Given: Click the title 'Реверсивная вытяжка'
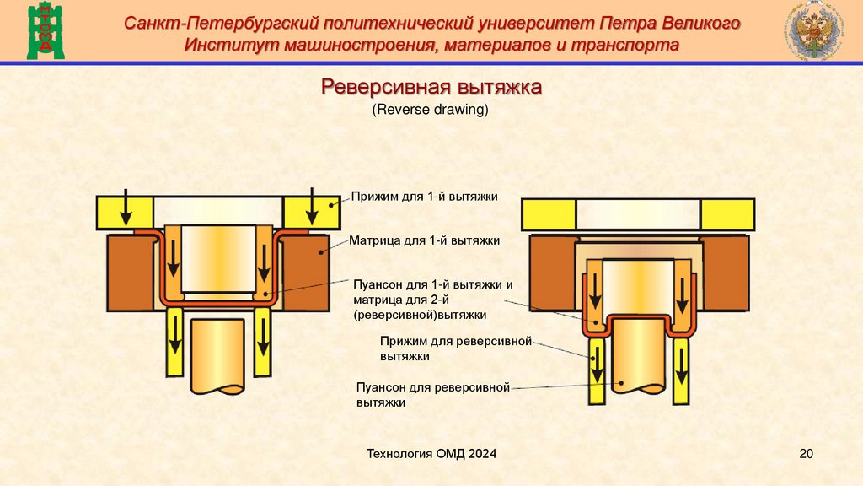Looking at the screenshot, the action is [x=431, y=88].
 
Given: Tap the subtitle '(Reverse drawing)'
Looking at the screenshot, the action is [x=431, y=110].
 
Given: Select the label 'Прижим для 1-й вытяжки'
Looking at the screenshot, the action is [x=426, y=197].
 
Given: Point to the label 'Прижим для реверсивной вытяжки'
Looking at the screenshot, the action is [x=455, y=348].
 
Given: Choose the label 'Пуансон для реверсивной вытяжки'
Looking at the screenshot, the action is [x=434, y=395].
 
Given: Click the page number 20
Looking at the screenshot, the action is [x=806, y=455].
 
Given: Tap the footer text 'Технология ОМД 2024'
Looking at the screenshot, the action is [x=431, y=455].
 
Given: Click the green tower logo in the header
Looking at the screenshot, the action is [x=39, y=31].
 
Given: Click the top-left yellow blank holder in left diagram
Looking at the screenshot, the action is [x=124, y=212].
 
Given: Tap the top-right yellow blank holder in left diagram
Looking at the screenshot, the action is [x=311, y=212].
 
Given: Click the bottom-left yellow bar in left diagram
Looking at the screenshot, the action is [x=175, y=341].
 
